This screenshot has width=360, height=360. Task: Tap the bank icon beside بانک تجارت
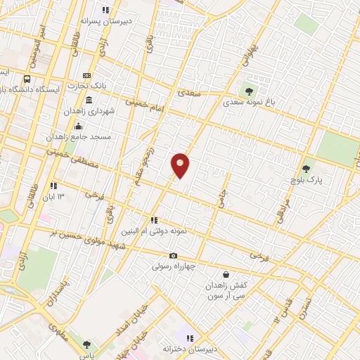pos(87,76)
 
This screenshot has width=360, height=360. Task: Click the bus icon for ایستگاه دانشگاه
pos(27,79)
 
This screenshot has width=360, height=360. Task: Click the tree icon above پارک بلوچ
pos(306,169)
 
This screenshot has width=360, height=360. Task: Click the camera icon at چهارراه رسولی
pos(173,256)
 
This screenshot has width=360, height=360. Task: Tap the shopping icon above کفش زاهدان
pos(226,274)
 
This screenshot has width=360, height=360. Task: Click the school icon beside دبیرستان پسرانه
pos(105,10)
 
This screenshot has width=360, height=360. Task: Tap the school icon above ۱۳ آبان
pos(53,186)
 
